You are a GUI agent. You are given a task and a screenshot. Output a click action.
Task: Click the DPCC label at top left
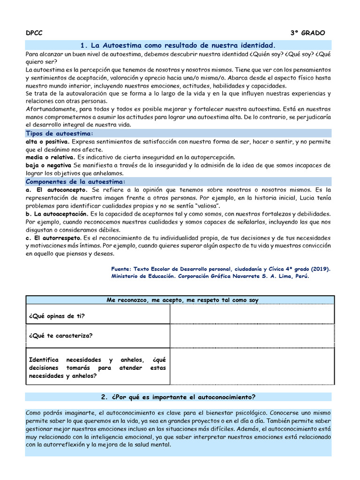point(33,33)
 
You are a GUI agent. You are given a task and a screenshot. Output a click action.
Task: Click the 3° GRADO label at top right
point(307,33)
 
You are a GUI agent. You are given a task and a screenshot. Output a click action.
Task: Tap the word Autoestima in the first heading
point(123,45)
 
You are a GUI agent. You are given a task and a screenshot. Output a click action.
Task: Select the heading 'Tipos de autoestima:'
point(60,134)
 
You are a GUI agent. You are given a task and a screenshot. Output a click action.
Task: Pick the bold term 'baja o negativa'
point(48,165)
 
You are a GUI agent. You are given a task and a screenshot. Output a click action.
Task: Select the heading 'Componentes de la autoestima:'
point(75,181)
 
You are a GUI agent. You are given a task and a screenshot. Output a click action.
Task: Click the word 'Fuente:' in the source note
point(121,269)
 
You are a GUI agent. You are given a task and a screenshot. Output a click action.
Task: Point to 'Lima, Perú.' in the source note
point(293,277)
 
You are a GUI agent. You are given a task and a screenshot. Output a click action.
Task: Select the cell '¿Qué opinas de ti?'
point(57,315)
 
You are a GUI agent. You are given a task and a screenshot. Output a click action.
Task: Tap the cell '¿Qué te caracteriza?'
point(61,336)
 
